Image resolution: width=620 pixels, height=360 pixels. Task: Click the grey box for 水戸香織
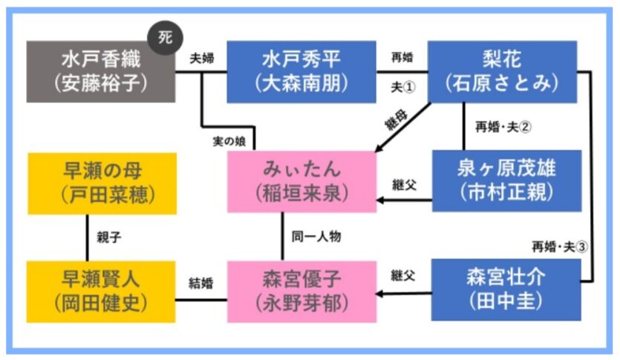[101, 71]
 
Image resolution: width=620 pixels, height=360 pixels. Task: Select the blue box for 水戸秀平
[301, 71]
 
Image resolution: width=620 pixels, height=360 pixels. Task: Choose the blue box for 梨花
[502, 71]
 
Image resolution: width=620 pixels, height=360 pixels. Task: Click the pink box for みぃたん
[302, 182]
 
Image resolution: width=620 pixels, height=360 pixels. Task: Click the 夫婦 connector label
[202, 59]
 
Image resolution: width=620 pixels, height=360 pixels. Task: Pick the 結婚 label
[201, 282]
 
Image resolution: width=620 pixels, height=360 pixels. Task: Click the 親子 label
[108, 238]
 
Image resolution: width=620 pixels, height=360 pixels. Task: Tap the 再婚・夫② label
[503, 126]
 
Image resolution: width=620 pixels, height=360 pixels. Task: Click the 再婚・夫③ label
[559, 247]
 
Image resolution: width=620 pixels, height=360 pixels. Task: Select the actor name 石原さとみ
[502, 83]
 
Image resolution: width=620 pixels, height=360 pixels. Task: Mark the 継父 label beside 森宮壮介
[402, 275]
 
